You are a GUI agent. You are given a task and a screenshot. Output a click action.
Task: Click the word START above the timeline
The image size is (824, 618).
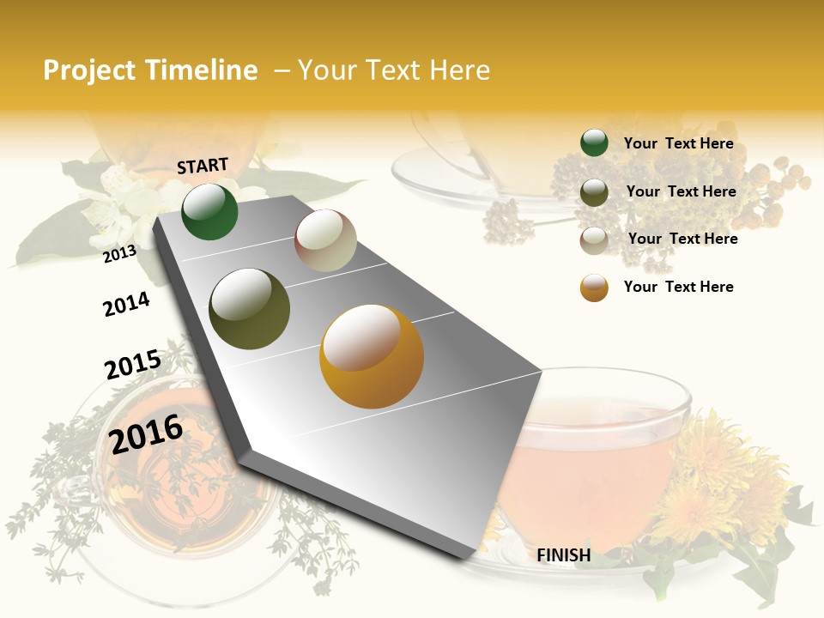tap(203, 166)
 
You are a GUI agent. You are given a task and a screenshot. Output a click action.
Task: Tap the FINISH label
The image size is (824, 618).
tap(563, 555)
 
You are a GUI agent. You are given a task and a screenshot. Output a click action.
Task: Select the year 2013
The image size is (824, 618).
tap(119, 253)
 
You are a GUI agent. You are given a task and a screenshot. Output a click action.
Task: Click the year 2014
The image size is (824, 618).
tap(126, 304)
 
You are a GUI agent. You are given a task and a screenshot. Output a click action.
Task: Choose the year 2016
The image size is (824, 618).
tap(146, 433)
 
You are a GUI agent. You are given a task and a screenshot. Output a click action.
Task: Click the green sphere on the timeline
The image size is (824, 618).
tap(209, 211)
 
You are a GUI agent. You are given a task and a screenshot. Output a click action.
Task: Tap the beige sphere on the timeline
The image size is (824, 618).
tap(325, 240)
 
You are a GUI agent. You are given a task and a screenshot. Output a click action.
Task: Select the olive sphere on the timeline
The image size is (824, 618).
tap(250, 309)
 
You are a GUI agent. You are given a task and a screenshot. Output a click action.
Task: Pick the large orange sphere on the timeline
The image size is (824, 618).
tap(372, 356)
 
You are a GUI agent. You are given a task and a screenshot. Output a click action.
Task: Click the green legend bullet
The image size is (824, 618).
tap(594, 143)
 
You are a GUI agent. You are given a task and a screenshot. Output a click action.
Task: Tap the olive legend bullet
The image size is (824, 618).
tap(594, 192)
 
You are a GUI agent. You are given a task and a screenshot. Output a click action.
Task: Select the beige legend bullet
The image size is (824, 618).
tap(594, 239)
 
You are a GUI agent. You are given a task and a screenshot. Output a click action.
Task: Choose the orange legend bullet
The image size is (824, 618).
tap(594, 288)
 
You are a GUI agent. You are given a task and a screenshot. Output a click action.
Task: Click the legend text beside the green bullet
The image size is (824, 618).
tap(678, 143)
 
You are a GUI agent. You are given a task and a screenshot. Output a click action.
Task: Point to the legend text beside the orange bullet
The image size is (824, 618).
tap(678, 287)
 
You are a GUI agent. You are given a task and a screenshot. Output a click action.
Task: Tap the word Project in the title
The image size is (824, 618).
tap(89, 70)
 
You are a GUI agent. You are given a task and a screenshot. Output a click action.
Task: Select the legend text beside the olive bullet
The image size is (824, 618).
tap(681, 191)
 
